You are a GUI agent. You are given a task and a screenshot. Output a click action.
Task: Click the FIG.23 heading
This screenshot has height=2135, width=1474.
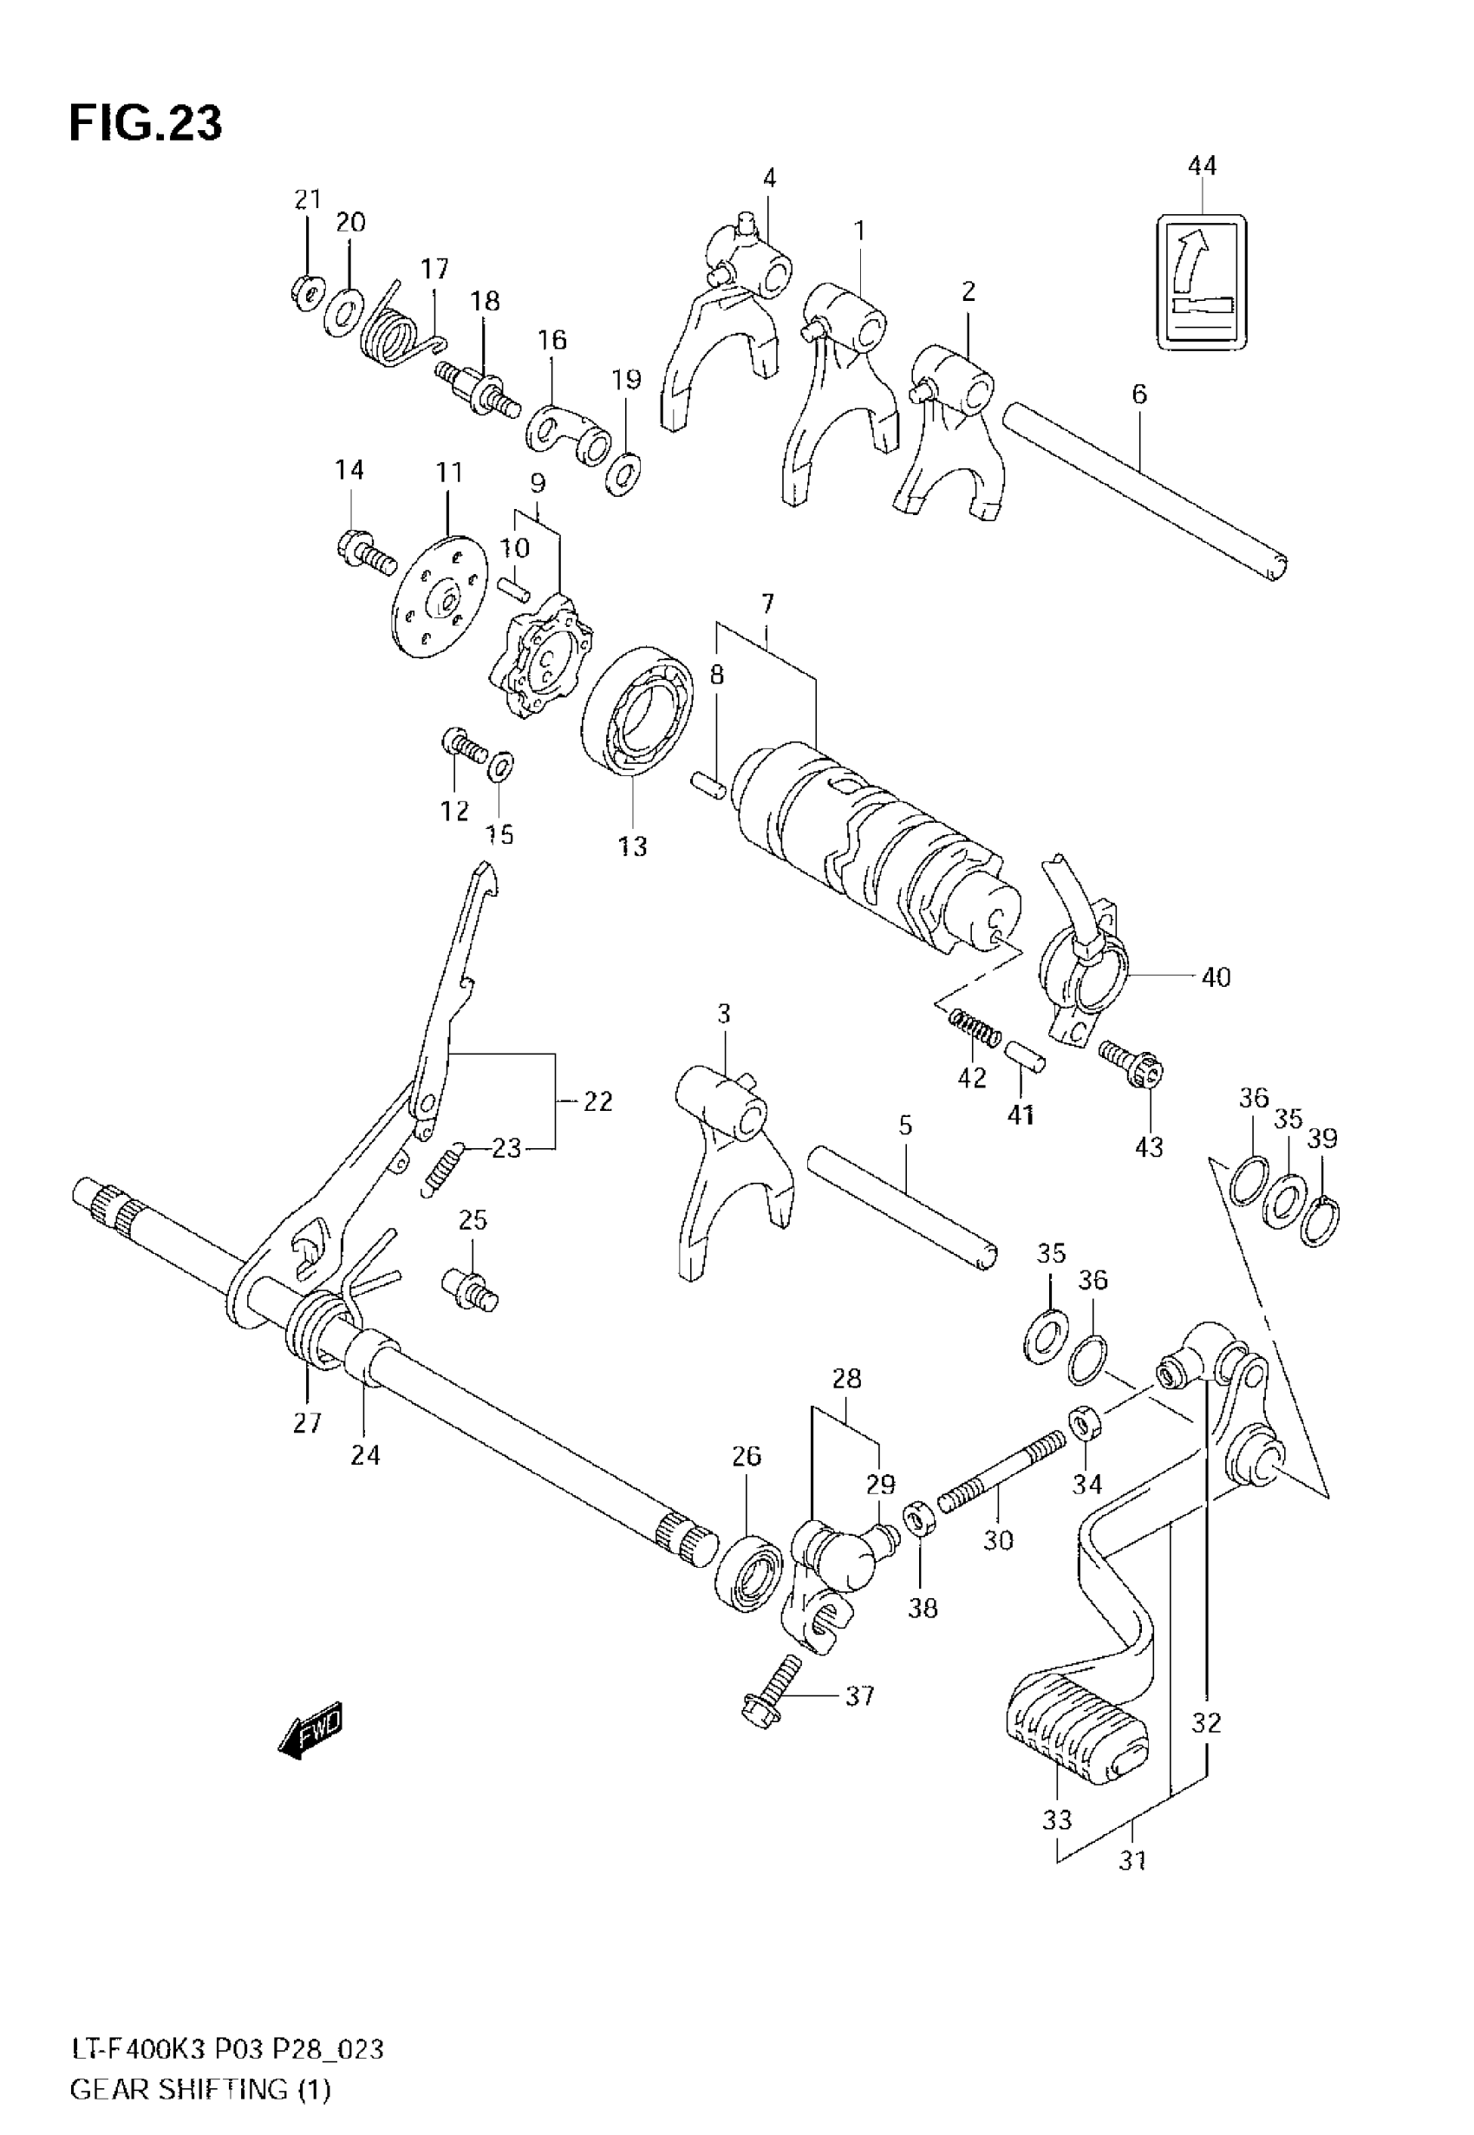(x=146, y=123)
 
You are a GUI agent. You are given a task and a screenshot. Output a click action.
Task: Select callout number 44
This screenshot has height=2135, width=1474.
(x=1202, y=166)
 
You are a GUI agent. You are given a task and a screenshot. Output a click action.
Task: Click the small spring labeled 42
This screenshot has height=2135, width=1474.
(x=974, y=1028)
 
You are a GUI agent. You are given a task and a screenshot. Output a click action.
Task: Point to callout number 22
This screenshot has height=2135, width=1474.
(x=597, y=1100)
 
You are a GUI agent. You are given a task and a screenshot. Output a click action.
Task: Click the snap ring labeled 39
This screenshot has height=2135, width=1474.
(x=1321, y=1222)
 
